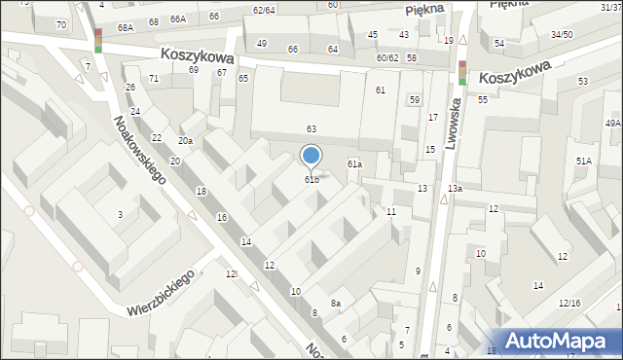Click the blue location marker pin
(311, 157)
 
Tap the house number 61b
(311, 179)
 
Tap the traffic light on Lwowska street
(462, 73)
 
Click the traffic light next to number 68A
(98, 40)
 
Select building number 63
(311, 128)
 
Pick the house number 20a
(184, 141)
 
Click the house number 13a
(455, 188)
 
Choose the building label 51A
(583, 161)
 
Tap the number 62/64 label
(263, 10)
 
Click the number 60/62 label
(387, 58)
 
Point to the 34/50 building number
(562, 35)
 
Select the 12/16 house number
(569, 304)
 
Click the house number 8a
(335, 304)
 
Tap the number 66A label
(177, 18)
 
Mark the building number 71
(154, 78)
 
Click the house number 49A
(612, 124)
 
